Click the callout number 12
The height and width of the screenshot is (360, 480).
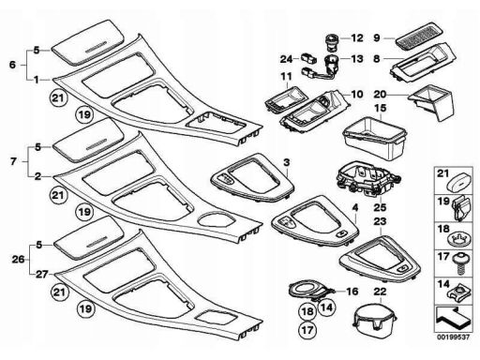[x=357, y=38]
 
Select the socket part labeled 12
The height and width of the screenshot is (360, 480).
[x=332, y=42]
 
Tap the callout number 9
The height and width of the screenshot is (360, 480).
[x=377, y=38]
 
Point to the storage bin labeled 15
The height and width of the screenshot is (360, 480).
[x=375, y=137]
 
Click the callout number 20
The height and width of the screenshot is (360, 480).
[x=380, y=94]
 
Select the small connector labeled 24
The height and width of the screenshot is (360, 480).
[x=308, y=58]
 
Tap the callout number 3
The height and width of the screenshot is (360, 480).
[x=287, y=162]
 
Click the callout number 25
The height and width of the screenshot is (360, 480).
[x=381, y=207]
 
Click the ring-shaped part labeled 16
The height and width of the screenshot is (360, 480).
[x=311, y=290]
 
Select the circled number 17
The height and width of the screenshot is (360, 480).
[x=307, y=330]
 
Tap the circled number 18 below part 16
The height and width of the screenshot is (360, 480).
[x=307, y=311]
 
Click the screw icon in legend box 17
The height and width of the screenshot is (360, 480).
[x=459, y=264]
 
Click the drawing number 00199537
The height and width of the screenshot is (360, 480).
[x=453, y=337]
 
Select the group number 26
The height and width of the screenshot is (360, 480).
[x=18, y=260]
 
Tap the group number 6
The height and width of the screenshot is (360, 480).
[x=12, y=65]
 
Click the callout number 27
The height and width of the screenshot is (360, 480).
[x=41, y=275]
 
